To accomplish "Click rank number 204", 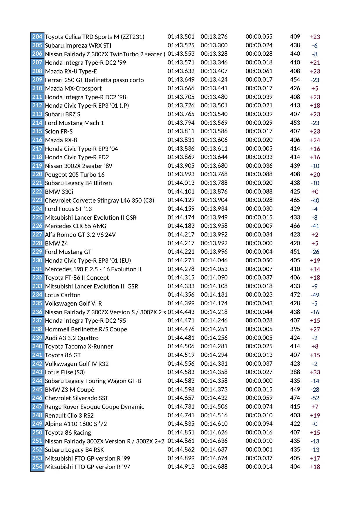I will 37,37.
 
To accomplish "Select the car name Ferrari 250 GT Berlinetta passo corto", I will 94,80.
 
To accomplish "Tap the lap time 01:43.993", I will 181,174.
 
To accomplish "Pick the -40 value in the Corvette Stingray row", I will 315,200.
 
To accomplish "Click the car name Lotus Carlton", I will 63,295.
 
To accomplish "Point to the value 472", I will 295,295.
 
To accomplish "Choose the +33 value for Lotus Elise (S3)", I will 315,372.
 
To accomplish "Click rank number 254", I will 37,467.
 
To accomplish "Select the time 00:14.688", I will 214,467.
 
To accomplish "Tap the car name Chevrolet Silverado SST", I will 77,398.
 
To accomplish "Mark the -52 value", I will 315,398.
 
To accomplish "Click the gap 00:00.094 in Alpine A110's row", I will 259,424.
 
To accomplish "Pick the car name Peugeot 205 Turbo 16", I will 75,174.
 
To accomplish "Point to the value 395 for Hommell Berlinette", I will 295,329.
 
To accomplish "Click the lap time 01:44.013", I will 181,183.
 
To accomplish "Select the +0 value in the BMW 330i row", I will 315,192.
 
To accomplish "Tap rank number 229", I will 37,252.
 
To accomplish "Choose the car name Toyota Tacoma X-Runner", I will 79,346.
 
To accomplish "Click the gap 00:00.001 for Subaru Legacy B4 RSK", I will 259,450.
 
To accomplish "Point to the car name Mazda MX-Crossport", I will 73,89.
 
